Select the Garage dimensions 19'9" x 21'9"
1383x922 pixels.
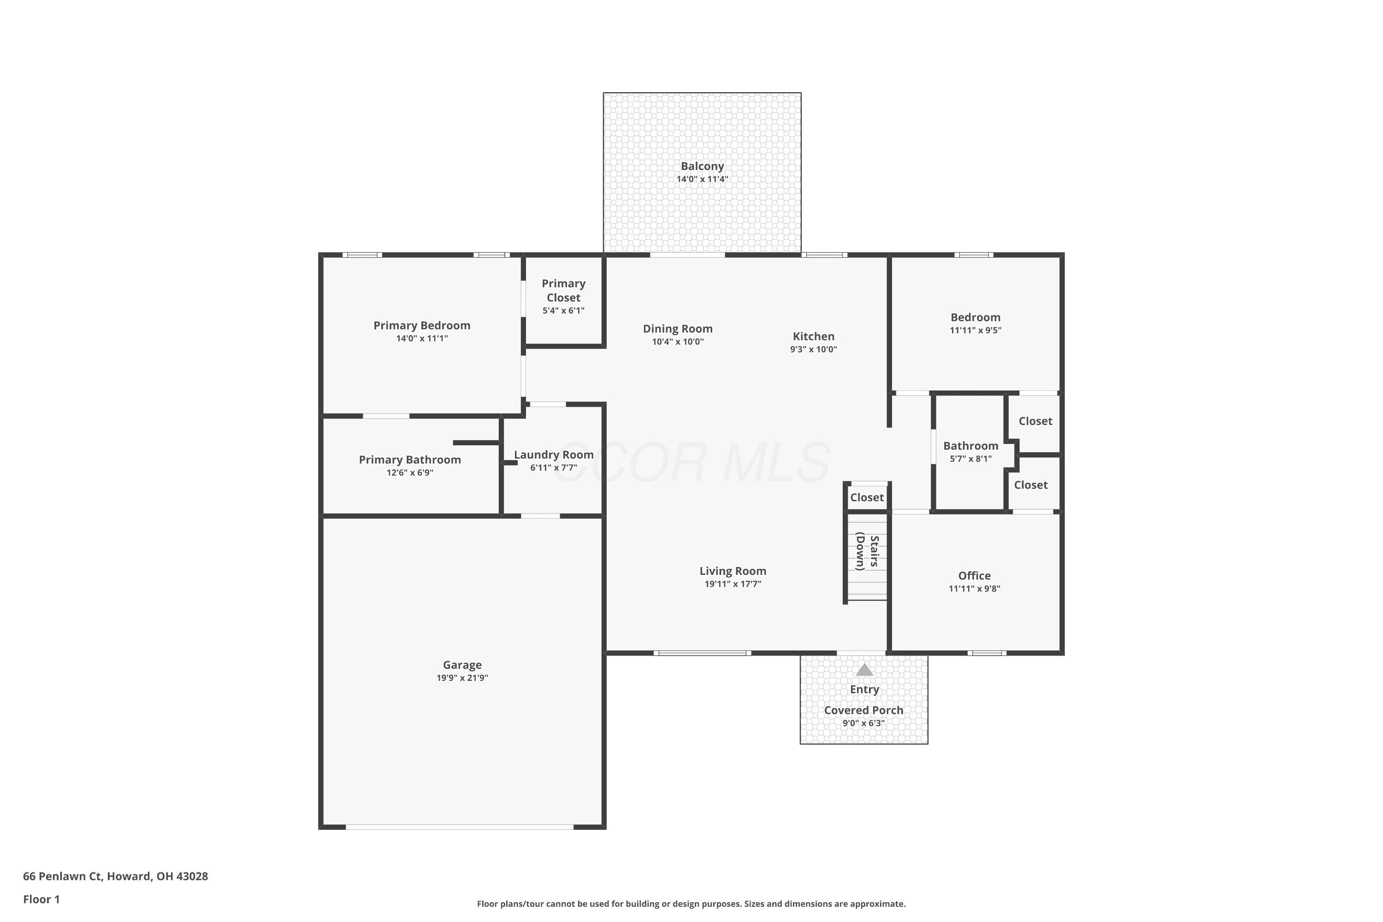[x=462, y=678]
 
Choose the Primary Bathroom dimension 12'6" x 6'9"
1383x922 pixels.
[x=410, y=473]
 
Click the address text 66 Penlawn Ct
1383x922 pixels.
[x=63, y=876]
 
